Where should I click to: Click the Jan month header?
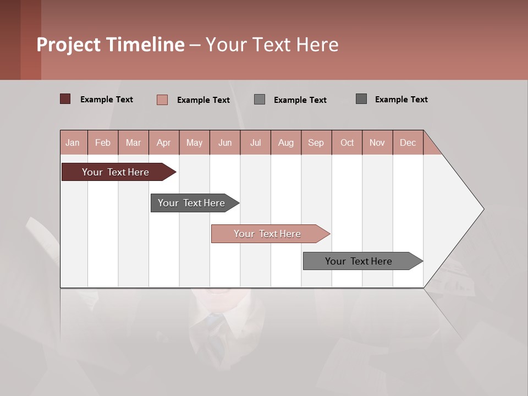point(73,142)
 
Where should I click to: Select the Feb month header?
point(103,142)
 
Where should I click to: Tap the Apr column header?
point(163,142)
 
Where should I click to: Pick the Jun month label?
point(225,142)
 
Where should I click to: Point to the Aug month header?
point(286,142)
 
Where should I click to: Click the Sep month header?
point(316,142)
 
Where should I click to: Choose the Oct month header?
point(347,142)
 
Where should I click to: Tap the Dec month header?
point(408,142)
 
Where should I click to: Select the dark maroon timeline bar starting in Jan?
point(116,172)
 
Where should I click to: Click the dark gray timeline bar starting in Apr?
point(191,203)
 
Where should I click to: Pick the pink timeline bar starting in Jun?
point(267,234)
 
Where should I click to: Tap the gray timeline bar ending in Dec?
point(359,261)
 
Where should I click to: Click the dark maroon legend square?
point(65,99)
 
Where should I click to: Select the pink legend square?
point(162,100)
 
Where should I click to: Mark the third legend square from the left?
point(260,100)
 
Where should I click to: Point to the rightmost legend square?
point(361,99)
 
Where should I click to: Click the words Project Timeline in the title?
point(110,45)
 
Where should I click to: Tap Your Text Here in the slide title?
point(272,45)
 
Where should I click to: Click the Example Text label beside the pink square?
point(203,100)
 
